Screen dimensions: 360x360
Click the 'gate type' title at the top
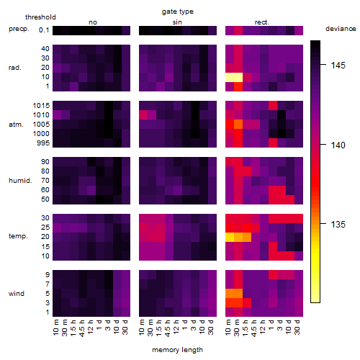coord(178,12)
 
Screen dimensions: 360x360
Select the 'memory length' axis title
coord(177,350)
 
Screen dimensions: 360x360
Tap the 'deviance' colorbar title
coord(341,29)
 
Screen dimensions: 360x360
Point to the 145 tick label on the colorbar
coord(338,65)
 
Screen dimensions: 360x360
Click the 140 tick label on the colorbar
coord(338,145)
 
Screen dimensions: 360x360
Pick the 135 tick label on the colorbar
coord(338,225)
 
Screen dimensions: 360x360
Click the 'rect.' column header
coord(262,22)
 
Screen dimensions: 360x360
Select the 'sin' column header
coord(177,22)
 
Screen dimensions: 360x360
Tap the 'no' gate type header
coord(93,22)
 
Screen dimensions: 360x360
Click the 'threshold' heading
coord(40,17)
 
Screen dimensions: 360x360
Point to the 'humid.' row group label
coord(20,181)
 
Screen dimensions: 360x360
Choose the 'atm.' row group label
coord(16,125)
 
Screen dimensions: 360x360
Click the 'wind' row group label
coord(17,294)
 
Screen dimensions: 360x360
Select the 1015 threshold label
coord(41,106)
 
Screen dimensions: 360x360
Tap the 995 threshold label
coord(43,143)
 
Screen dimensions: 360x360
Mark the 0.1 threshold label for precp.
coord(44,30)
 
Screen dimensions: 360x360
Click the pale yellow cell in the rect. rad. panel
coord(234,77)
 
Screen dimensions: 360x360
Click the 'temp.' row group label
coord(18,236)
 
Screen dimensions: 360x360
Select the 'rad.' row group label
coord(15,68)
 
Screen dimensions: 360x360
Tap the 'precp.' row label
coord(19,29)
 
